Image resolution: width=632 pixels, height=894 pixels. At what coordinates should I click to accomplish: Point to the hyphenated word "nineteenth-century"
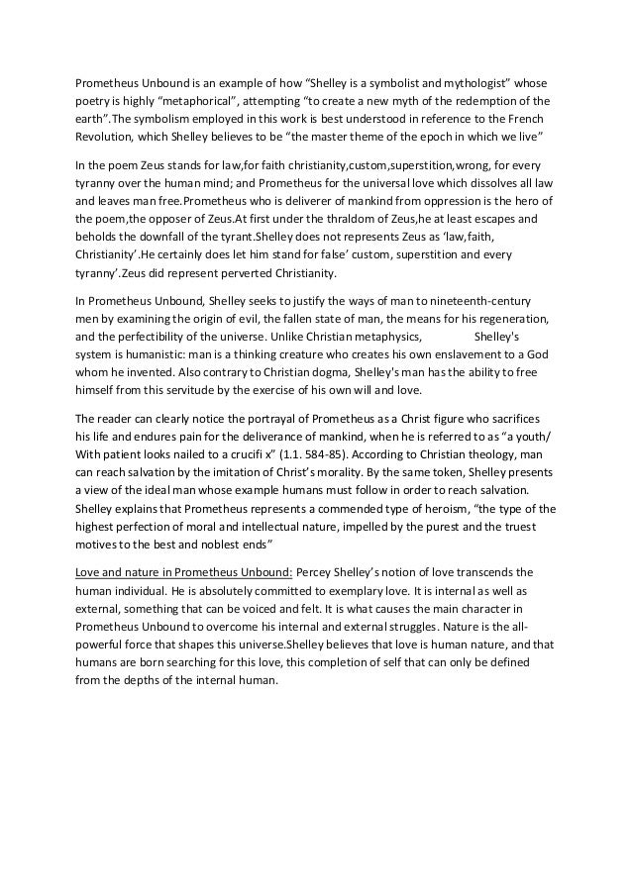(x=476, y=300)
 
